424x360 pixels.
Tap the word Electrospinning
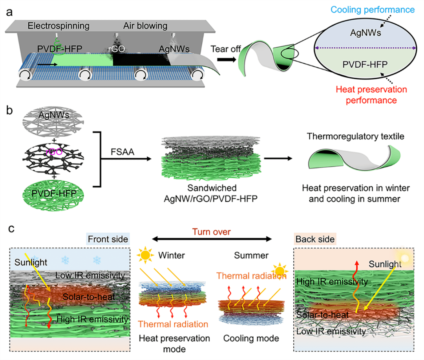(x=58, y=26)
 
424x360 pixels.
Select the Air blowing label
(x=146, y=26)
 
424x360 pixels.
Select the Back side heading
(x=315, y=239)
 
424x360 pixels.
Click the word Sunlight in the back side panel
(x=385, y=264)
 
